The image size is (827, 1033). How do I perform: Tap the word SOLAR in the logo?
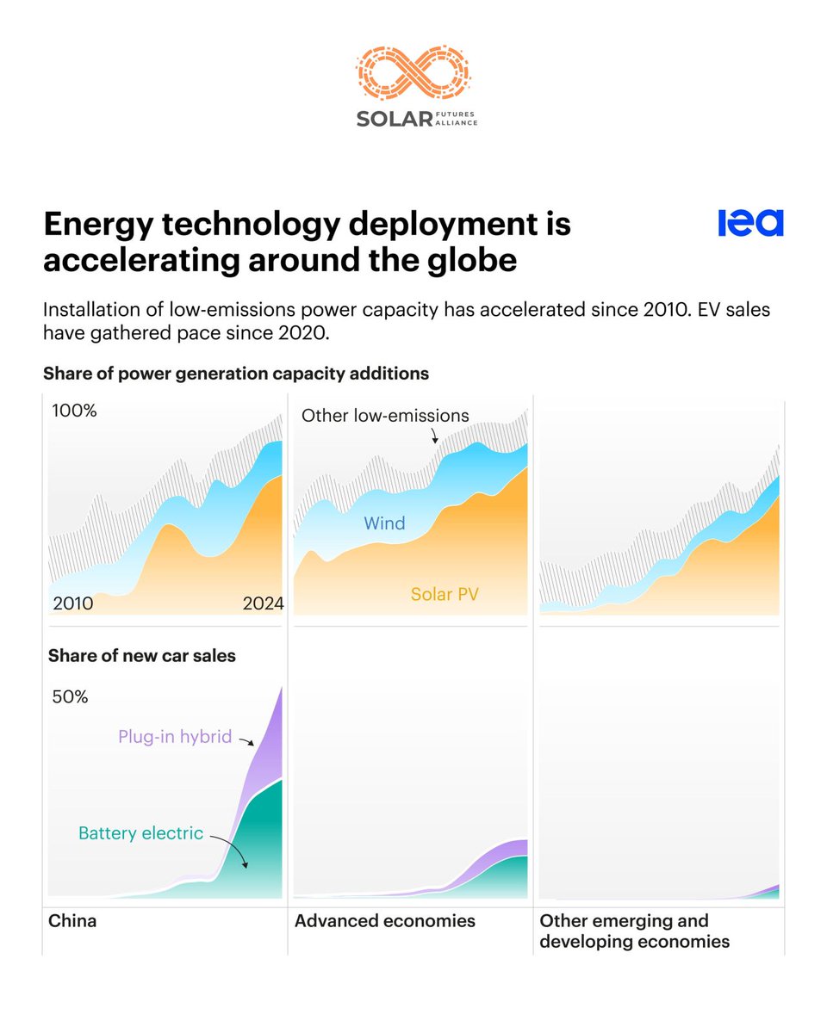[x=394, y=119]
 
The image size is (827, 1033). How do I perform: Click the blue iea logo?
[x=750, y=223]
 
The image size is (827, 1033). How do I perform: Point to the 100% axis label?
[x=75, y=411]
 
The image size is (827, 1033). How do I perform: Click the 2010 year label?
[x=73, y=603]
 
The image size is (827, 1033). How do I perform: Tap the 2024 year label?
[x=263, y=603]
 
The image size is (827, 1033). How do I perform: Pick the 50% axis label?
[x=71, y=696]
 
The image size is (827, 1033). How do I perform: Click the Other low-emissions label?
[x=385, y=416]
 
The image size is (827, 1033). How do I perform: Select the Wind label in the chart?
[x=384, y=523]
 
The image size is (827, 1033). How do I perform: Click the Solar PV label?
[x=444, y=594]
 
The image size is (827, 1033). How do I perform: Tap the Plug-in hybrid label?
[x=175, y=737]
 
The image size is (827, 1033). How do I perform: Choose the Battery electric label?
[x=140, y=833]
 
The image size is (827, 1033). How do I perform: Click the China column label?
[x=72, y=921]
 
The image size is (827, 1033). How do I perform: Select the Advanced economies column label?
[x=384, y=921]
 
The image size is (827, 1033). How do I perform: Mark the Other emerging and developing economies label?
[x=634, y=931]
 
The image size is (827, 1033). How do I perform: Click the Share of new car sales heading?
[x=142, y=656]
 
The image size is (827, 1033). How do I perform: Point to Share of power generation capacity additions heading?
[x=236, y=374]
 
